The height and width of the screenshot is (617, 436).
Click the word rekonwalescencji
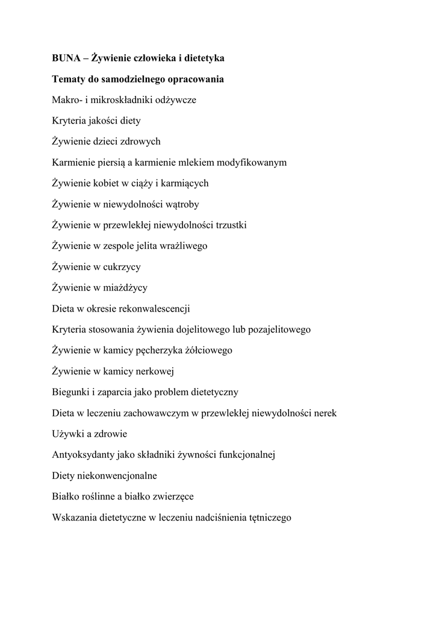coord(155,308)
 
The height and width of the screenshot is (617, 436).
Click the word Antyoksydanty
coord(81,455)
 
